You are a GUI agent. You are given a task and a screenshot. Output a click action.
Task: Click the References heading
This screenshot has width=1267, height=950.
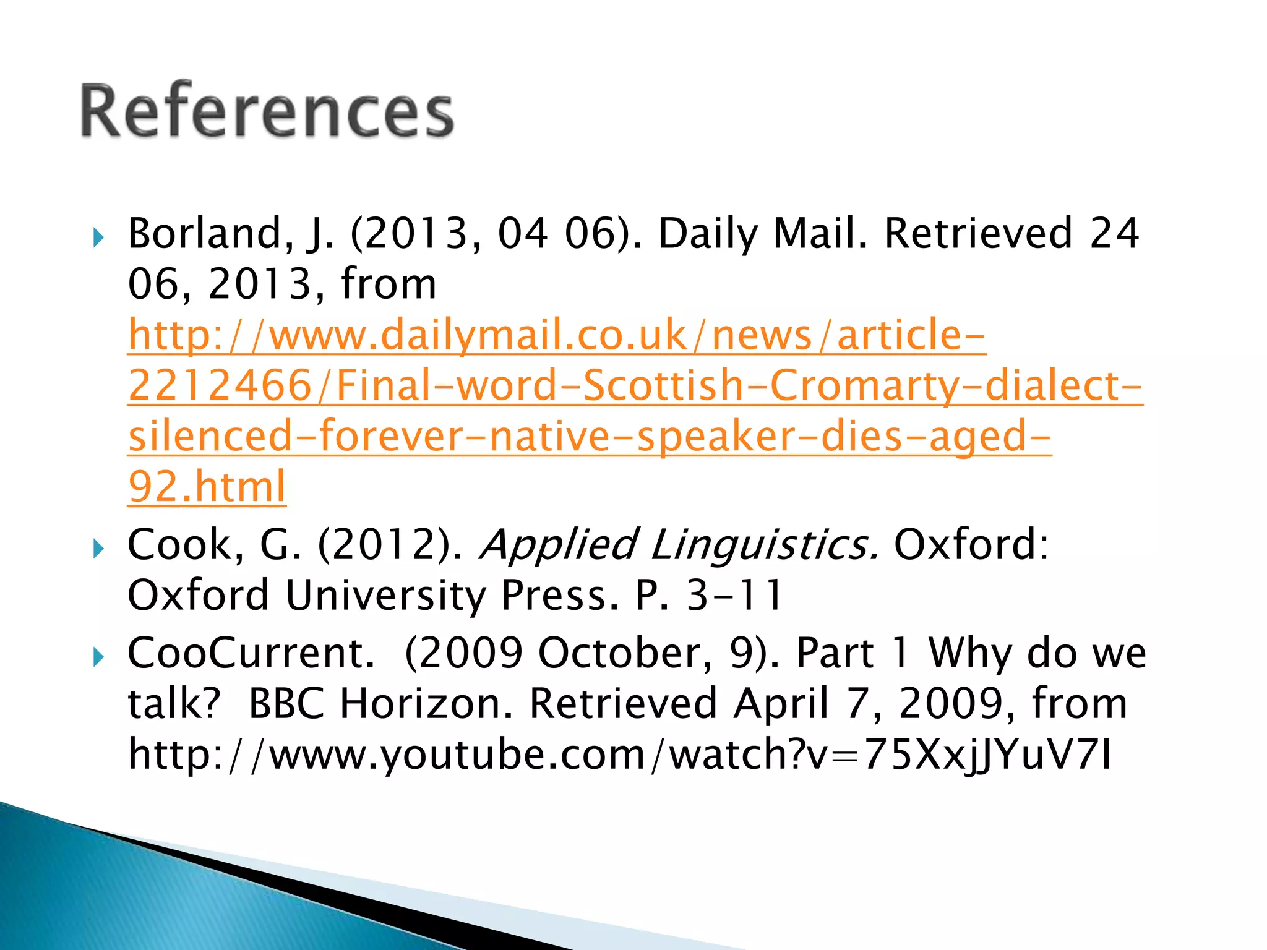[267, 111]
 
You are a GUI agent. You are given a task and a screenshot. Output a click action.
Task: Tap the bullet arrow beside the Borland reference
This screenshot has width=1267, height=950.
[98, 236]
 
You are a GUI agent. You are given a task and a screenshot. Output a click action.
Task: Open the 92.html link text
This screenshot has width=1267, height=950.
[207, 486]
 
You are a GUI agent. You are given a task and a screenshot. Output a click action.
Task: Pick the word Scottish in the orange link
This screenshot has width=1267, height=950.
[664, 385]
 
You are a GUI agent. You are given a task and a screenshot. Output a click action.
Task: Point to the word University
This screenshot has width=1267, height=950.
[385, 595]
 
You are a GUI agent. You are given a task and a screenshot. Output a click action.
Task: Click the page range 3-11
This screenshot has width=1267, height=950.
[734, 595]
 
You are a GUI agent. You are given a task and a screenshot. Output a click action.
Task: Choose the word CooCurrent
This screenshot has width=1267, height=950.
[251, 653]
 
